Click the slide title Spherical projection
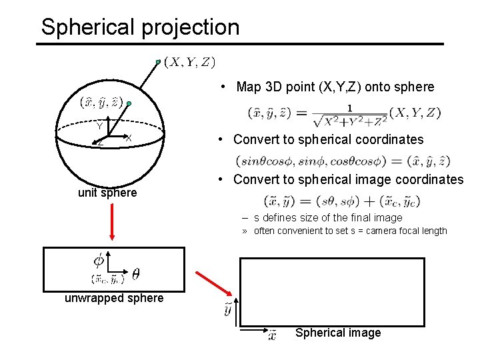pos(140,27)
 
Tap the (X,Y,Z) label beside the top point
pos(189,62)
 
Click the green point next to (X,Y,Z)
pos(159,62)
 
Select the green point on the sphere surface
pos(130,105)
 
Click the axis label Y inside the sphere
pos(99,125)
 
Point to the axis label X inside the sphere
pos(127,137)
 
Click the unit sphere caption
pos(107,193)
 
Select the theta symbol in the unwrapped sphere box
pos(135,273)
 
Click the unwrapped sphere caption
pos(114,298)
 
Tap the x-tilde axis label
pos(272,335)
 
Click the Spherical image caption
pos(338,333)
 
